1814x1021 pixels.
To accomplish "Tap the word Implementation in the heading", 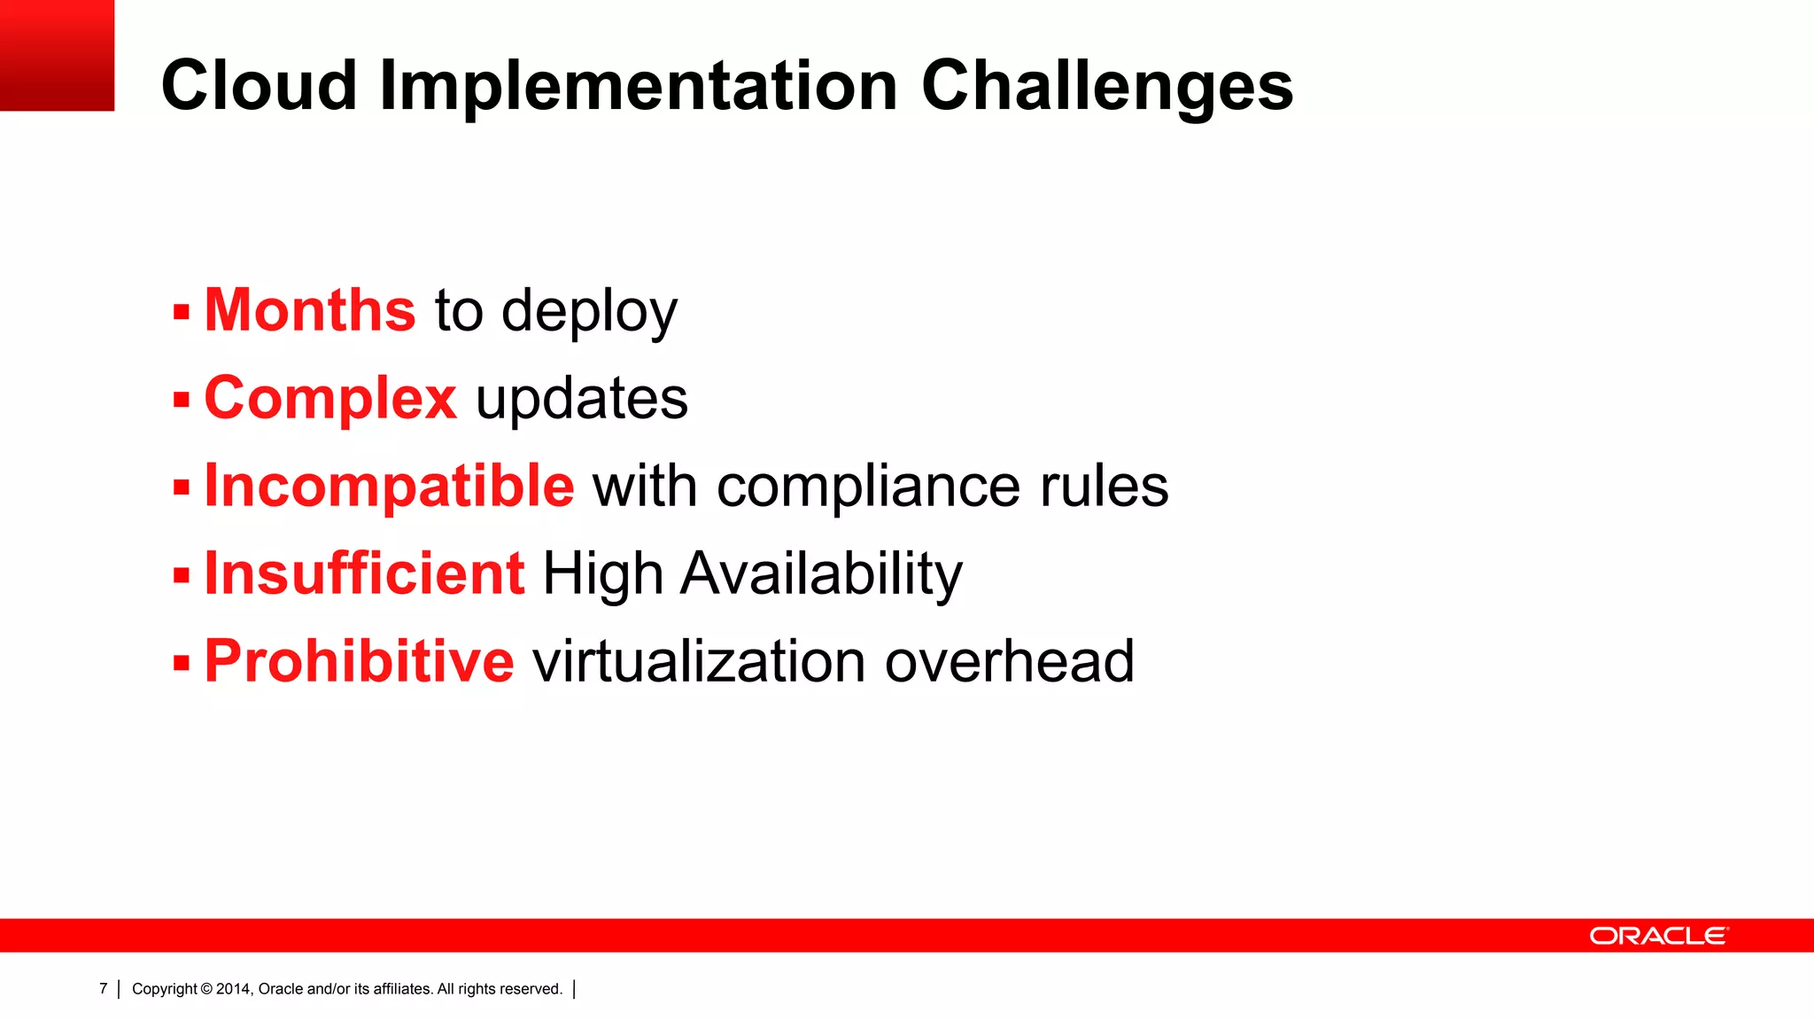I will pos(638,86).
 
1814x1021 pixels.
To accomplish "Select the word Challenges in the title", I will pos(1107,86).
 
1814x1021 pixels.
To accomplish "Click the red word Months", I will pos(310,310).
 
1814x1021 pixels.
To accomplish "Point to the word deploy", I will pos(589,312).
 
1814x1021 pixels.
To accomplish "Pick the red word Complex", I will pos(330,399).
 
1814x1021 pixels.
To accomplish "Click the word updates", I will pos(582,399).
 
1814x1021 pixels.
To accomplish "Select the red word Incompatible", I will pos(389,486).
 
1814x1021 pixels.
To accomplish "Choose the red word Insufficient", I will pos(364,573).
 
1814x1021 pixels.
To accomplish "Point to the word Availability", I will pos(821,574).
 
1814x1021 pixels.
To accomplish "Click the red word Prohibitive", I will pos(359,661).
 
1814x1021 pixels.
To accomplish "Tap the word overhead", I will pos(1009,661).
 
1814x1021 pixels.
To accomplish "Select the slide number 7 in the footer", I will pos(104,988).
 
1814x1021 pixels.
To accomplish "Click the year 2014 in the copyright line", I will pos(233,989).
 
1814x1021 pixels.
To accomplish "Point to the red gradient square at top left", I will pos(57,55).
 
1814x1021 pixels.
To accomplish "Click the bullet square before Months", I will pos(182,312).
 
